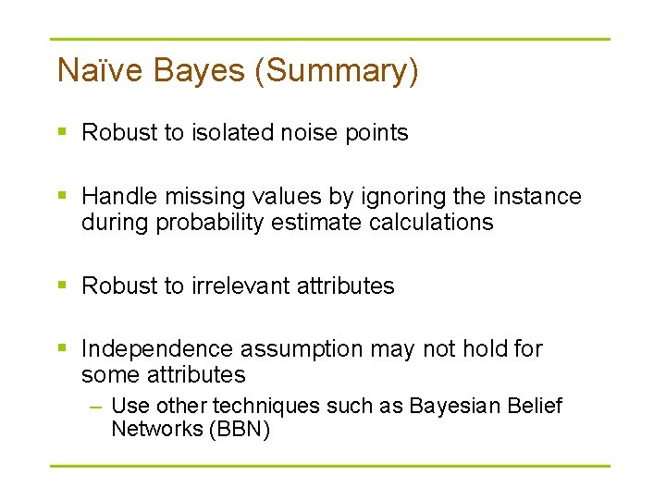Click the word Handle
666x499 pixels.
coord(117,197)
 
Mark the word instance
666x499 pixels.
coord(537,197)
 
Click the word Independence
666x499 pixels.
coord(158,349)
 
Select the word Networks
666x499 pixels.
coord(148,429)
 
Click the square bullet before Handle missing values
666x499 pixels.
coord(62,197)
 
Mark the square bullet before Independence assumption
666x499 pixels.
coord(62,349)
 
